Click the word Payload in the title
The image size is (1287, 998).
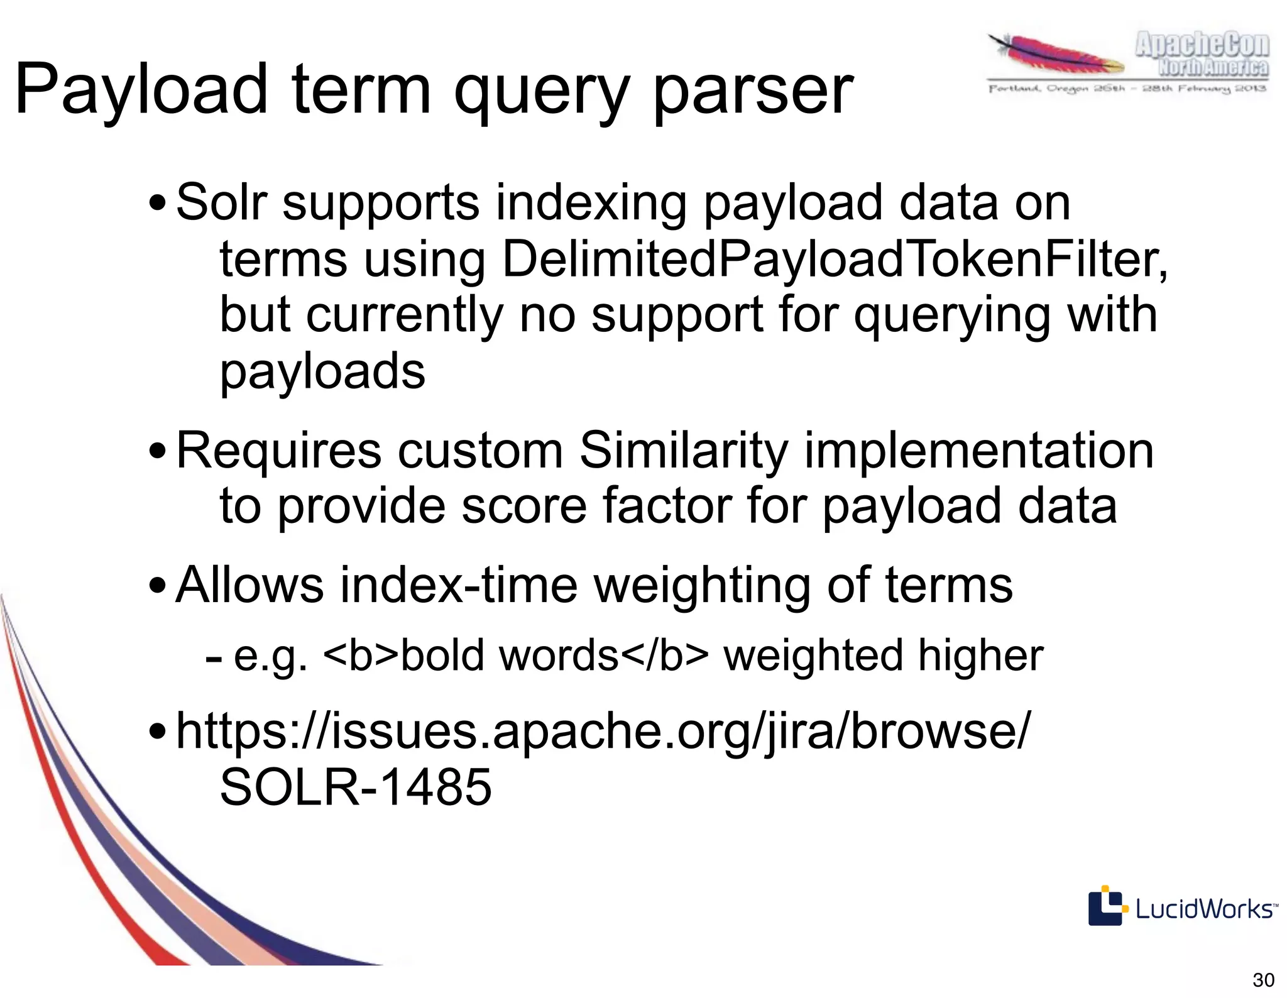(x=141, y=90)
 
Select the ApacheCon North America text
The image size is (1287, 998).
(x=1202, y=55)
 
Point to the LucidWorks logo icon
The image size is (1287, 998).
(x=1105, y=906)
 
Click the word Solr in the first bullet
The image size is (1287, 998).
(x=222, y=202)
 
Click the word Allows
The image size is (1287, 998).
(x=250, y=584)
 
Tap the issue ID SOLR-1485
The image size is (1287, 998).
(x=356, y=787)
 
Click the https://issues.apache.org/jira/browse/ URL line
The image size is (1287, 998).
(x=603, y=732)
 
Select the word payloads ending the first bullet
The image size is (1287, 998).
(x=322, y=371)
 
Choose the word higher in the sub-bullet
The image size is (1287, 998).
(x=980, y=655)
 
